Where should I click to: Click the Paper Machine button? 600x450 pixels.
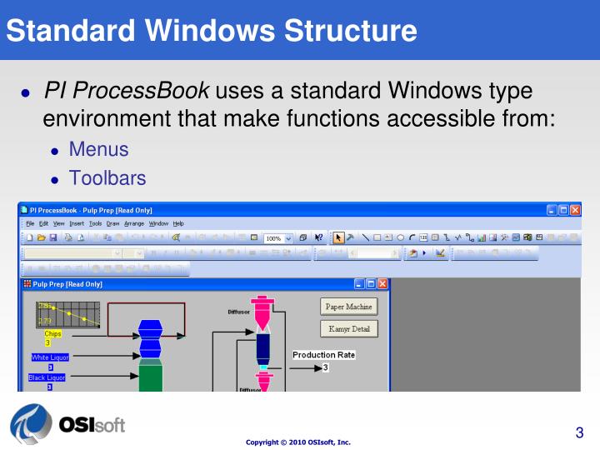[349, 307]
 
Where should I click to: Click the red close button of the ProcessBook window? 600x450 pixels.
[575, 210]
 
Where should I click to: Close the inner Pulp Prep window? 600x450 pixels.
[382, 284]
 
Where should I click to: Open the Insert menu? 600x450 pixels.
[77, 223]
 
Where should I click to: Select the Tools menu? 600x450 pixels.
[95, 223]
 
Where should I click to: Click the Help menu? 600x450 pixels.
[178, 223]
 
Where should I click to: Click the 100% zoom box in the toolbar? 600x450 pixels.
[277, 238]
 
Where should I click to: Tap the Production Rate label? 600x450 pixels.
[323, 355]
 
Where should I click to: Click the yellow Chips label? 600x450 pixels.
[52, 334]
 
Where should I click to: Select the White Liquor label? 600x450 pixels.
[49, 357]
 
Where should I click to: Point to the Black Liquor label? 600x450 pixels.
[48, 377]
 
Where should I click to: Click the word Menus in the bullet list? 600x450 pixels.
[98, 150]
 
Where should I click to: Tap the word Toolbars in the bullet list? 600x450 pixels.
[107, 177]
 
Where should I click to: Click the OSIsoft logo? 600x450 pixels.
[67, 425]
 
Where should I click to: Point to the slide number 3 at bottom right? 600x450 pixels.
[579, 432]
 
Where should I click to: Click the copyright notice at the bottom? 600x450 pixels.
[298, 442]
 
